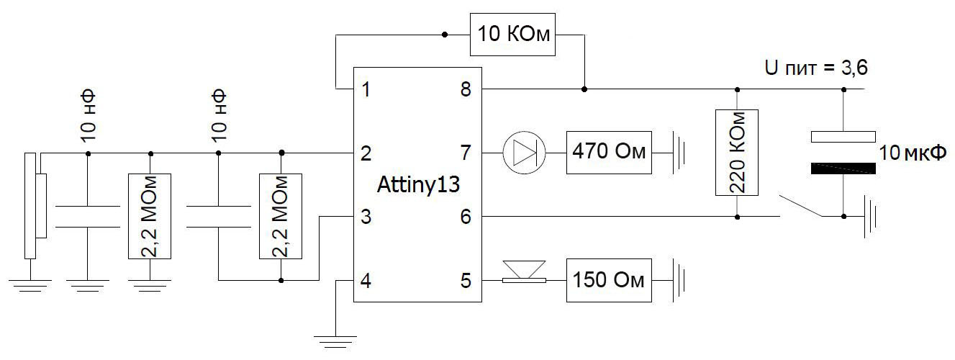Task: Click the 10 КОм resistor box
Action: click(514, 35)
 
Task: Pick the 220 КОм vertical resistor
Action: click(738, 153)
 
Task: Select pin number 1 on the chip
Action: click(366, 90)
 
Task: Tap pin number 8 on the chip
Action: click(466, 90)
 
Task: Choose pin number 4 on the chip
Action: click(366, 280)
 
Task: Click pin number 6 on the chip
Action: click(466, 216)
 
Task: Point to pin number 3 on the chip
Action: click(366, 216)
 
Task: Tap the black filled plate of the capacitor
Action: click(843, 168)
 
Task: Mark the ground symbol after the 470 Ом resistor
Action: click(679, 153)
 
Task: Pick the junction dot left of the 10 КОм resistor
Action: click(445, 34)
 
